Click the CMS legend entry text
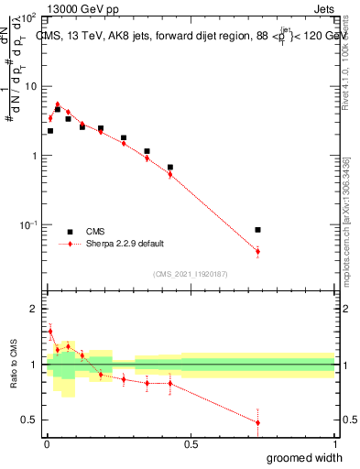[96, 232]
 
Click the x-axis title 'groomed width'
[300, 457]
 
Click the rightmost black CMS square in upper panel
[257, 230]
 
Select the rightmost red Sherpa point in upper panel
[257, 251]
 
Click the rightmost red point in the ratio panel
[257, 422]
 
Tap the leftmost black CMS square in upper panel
[50, 131]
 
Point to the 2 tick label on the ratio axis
[34, 309]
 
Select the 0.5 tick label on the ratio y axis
[30, 420]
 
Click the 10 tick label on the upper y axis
[31, 86]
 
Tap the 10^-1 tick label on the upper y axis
[29, 225]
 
